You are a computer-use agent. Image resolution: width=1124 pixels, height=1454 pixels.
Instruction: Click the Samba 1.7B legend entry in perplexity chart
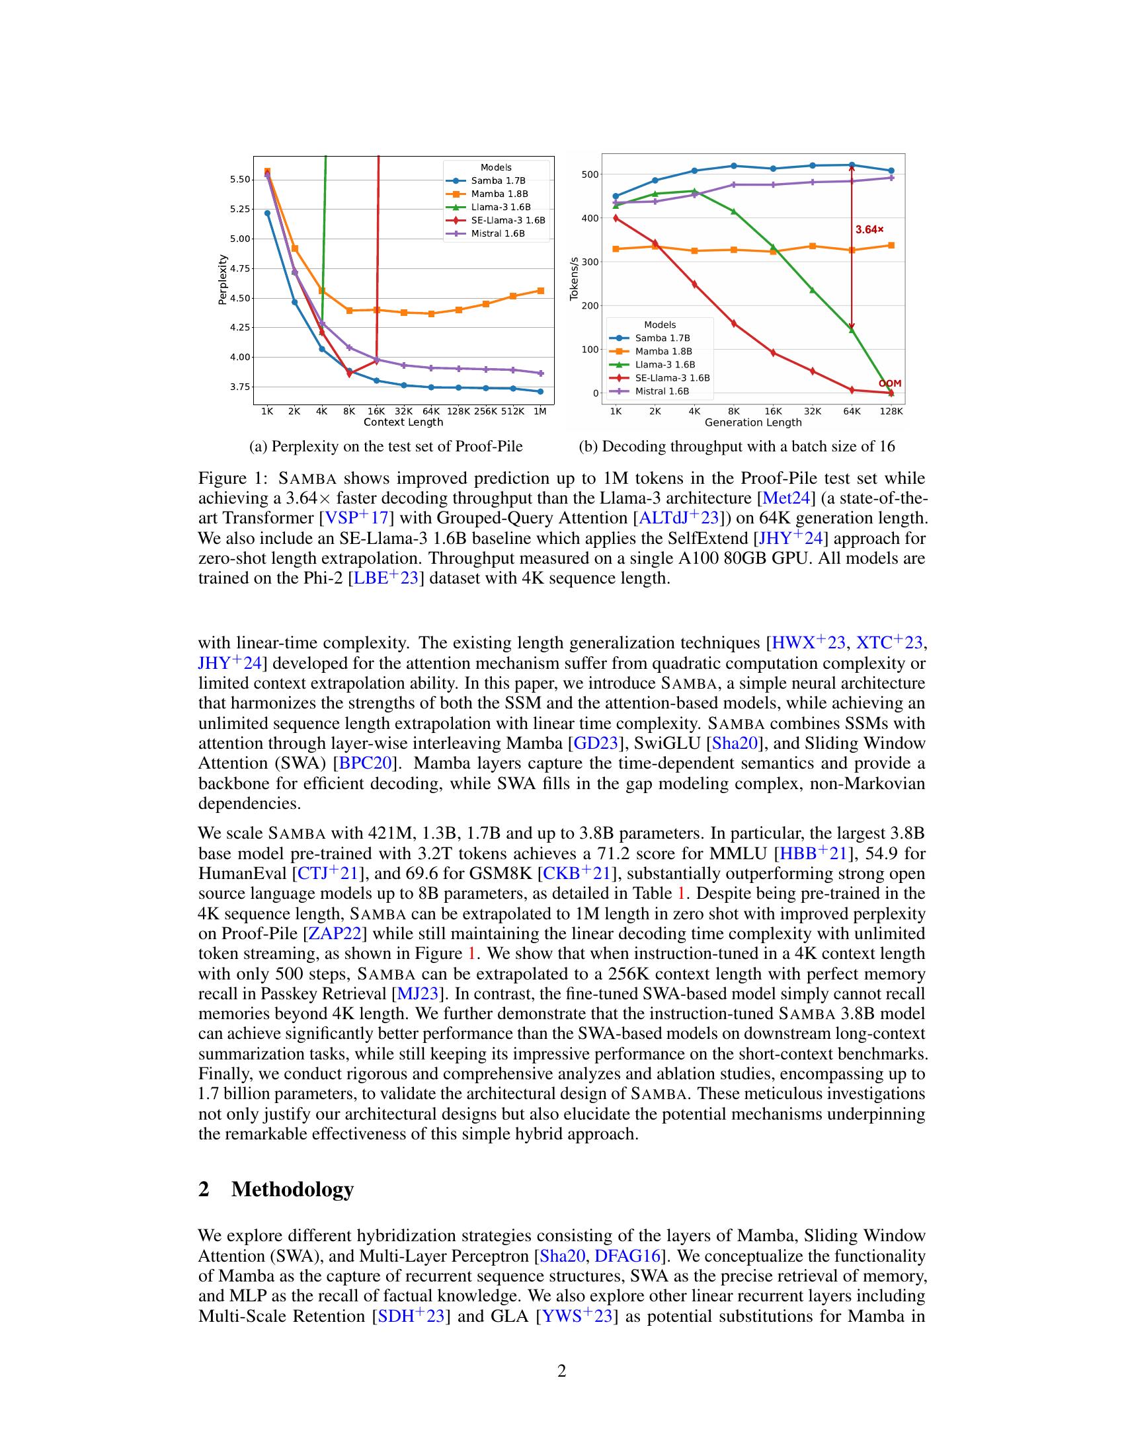coord(498,180)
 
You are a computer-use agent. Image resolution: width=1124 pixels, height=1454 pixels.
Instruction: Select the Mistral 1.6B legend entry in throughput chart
coord(662,391)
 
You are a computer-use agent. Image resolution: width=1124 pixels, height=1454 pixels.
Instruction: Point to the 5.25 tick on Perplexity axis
coord(240,209)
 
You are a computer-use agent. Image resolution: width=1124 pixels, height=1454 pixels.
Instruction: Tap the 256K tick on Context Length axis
coord(485,412)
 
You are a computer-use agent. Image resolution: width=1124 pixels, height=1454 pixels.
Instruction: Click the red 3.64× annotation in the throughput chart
coord(869,230)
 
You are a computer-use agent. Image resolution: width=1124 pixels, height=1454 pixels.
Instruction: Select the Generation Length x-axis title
coord(752,422)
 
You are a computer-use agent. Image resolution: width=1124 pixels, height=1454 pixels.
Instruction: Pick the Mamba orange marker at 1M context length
coord(541,290)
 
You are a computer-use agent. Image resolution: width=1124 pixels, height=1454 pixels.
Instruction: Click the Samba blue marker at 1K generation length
coord(616,196)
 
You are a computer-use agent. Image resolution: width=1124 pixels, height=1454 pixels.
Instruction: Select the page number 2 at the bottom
coord(561,1371)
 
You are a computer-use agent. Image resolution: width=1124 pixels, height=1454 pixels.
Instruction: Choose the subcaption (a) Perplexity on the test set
coord(385,446)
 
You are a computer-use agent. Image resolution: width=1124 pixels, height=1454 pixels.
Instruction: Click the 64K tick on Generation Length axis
coord(852,412)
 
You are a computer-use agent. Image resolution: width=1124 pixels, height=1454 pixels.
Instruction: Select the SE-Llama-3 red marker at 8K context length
coord(349,374)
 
